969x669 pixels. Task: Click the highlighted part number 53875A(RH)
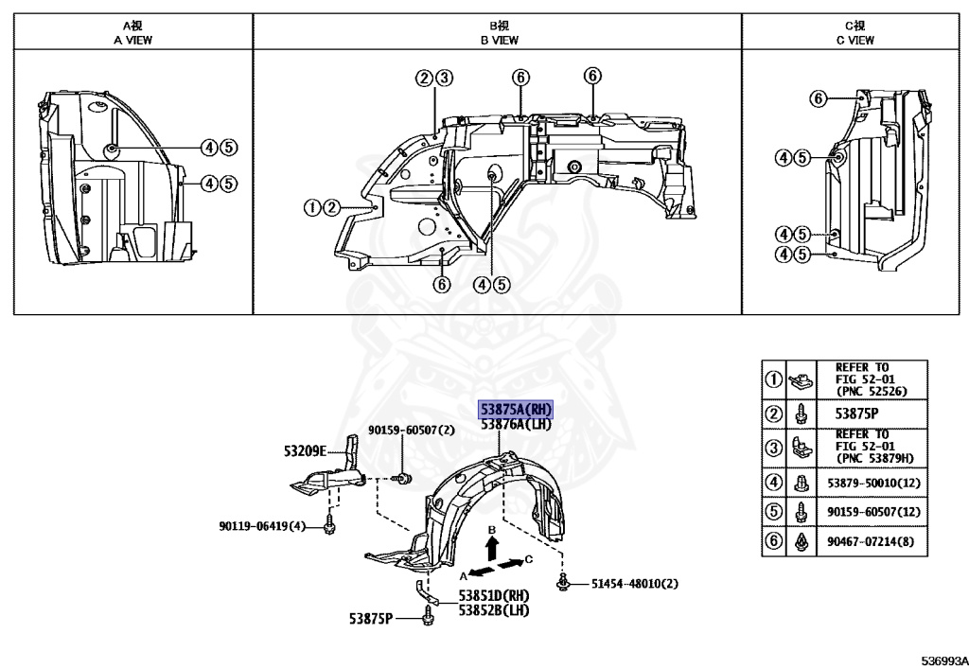pyautogui.click(x=516, y=409)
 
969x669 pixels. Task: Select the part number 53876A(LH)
pyautogui.click(x=516, y=425)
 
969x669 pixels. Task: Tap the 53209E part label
pyautogui.click(x=304, y=451)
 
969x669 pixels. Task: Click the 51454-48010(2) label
pyautogui.click(x=635, y=583)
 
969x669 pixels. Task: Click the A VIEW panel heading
pyautogui.click(x=132, y=41)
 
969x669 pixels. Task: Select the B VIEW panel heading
pyautogui.click(x=499, y=41)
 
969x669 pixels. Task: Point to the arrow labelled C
pyautogui.click(x=511, y=564)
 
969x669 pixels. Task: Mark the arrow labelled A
pyautogui.click(x=481, y=572)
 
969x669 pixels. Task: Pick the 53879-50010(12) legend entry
pyautogui.click(x=873, y=484)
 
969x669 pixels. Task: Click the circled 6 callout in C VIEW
pyautogui.click(x=819, y=97)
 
